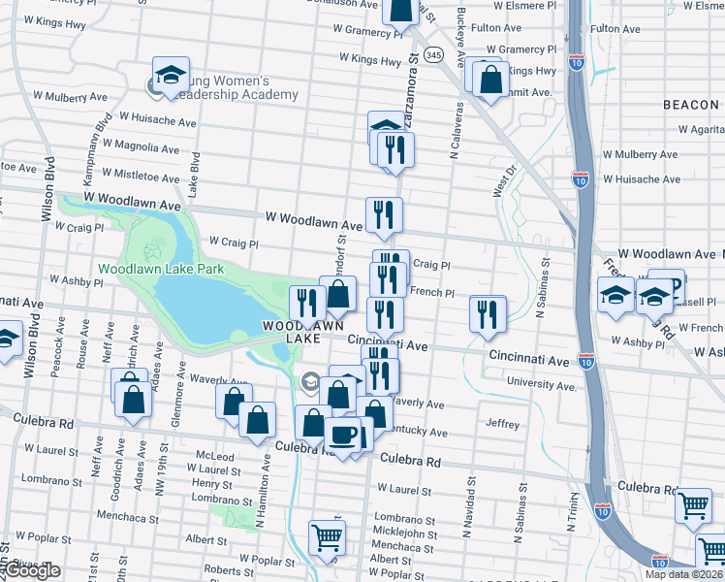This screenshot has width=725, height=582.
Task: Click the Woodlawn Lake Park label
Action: [161, 269]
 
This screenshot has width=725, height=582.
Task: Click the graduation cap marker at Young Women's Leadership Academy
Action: [171, 77]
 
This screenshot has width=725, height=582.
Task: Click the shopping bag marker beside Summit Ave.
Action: [491, 81]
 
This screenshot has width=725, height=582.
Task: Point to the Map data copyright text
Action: [683, 574]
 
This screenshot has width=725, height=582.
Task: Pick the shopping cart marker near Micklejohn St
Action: [327, 536]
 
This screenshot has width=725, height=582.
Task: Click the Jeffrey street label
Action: [503, 424]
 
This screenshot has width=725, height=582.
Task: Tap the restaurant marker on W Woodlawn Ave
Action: [384, 214]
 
